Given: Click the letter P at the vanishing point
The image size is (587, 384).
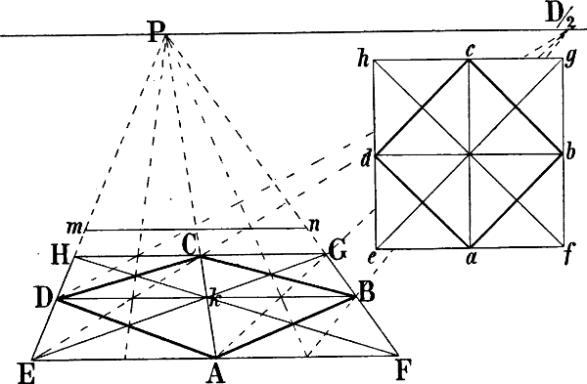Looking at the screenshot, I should point(158,32).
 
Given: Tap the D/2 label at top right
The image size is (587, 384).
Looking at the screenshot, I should point(564,15).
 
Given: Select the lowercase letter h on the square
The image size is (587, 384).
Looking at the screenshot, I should point(363,61).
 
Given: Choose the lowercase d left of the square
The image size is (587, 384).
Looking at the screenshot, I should point(364,160).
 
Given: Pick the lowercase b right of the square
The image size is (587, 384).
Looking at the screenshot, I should point(572,152).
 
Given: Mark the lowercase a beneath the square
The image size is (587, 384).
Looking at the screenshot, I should point(471,261).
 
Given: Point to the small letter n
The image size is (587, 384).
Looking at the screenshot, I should point(314,224).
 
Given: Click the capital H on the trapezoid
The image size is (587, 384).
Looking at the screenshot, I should point(59,255).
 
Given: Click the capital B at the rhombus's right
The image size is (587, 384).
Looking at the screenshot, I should point(366,289).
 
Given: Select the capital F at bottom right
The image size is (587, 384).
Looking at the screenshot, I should point(403,368).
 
